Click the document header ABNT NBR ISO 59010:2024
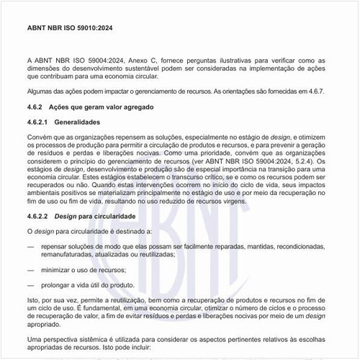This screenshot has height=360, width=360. pos(69,28)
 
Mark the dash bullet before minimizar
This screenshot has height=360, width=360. pos(30,269)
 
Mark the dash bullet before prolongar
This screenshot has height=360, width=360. pos(30,284)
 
